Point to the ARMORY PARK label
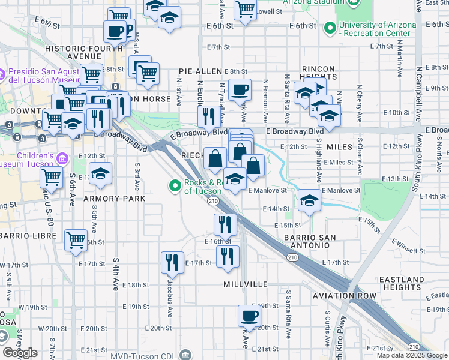point(115,198)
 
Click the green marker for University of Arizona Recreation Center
point(330,28)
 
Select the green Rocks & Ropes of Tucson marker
point(175,187)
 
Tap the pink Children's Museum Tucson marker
point(62,158)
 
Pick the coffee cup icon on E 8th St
point(240,89)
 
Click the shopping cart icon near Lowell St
point(245,9)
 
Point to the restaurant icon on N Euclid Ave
point(209,116)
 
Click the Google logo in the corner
point(20,353)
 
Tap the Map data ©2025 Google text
point(412,355)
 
